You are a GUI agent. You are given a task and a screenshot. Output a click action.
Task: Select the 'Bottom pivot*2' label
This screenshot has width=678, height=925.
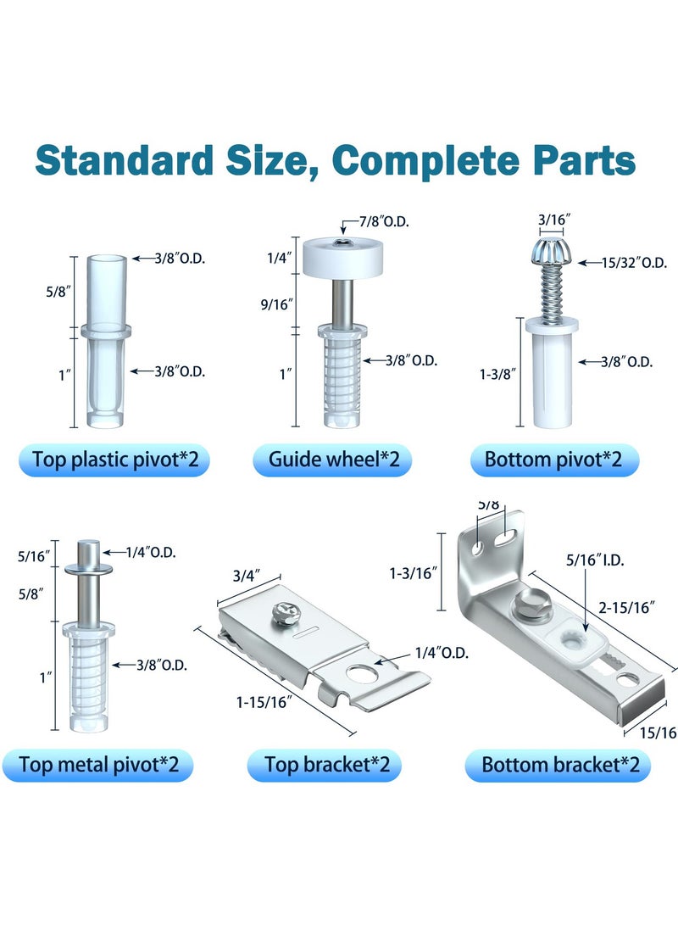(553, 460)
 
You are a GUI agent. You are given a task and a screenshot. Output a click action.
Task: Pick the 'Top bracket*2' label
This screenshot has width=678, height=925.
(327, 765)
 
